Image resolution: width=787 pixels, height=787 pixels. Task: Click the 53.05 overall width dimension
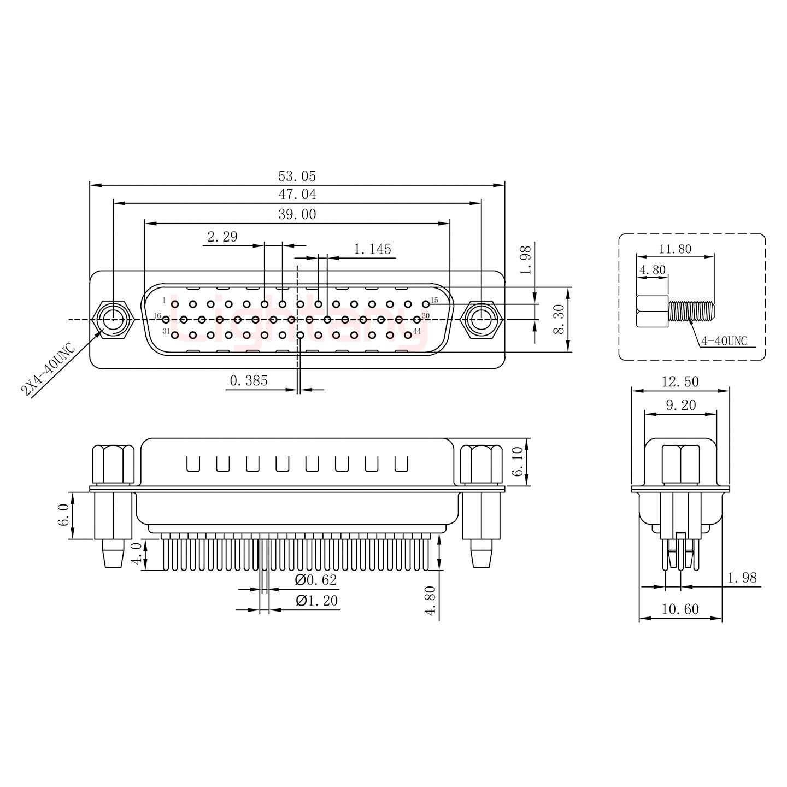297,177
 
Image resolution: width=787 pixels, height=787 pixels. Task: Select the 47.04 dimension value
297,195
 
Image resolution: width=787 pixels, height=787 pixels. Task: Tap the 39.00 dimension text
297,215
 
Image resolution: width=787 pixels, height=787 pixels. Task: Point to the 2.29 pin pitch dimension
222,237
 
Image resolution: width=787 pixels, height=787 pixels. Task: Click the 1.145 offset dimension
373,250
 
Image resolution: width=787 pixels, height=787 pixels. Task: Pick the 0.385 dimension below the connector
249,381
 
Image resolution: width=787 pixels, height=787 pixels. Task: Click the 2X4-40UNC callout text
48,370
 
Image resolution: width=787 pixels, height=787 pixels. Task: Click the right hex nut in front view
481,319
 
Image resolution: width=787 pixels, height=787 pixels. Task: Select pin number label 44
417,331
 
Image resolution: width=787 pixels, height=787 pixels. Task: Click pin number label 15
434,300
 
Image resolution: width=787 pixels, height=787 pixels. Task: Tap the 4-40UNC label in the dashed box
724,341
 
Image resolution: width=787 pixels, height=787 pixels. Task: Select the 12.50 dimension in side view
680,382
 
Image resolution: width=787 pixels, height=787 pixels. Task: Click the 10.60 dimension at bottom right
680,609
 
